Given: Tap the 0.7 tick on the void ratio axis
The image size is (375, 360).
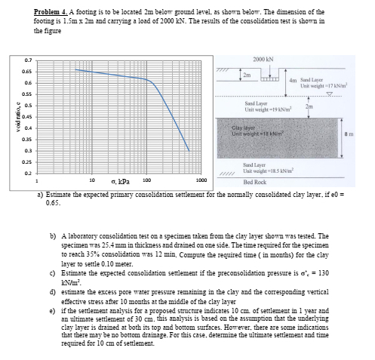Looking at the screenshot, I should tap(27, 60).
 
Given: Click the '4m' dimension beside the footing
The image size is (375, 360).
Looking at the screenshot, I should tap(294, 80).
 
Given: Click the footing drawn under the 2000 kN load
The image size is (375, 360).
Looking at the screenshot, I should tap(269, 76).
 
